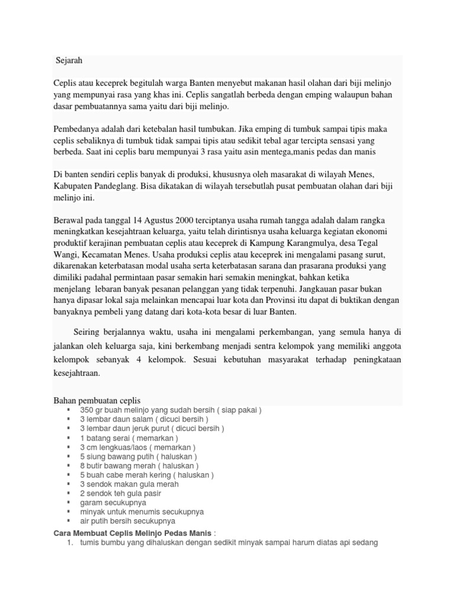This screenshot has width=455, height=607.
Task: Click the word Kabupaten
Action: (74, 186)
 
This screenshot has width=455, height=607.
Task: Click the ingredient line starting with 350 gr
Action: (171, 410)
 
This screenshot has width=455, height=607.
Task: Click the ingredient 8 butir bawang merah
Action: (137, 466)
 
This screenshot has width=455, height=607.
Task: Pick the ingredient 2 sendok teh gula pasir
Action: (120, 493)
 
